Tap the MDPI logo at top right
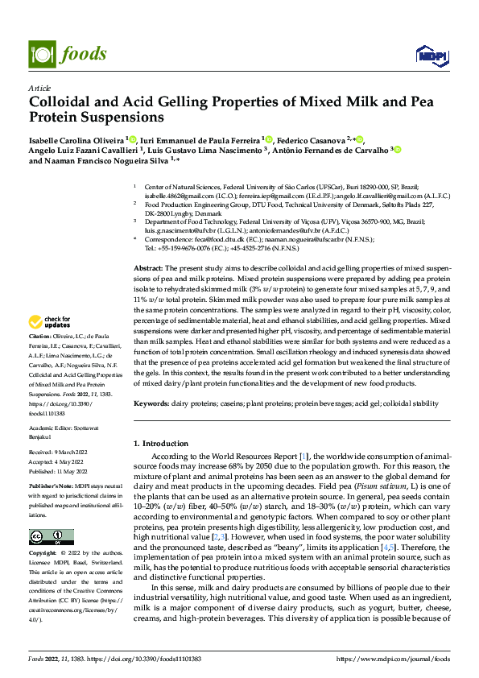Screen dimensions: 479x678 click(x=427, y=54)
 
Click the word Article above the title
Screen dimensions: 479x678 click(x=39, y=88)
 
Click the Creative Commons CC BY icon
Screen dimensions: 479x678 click(x=47, y=536)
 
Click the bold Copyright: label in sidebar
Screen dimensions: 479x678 click(x=43, y=553)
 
